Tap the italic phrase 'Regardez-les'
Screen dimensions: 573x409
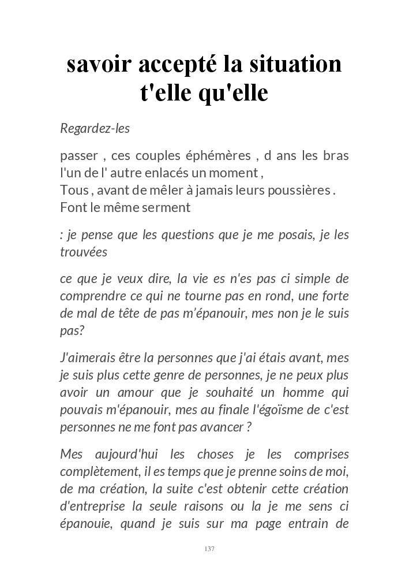click(x=95, y=128)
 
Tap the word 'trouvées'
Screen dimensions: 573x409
click(x=84, y=252)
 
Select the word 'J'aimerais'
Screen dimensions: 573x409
click(x=88, y=358)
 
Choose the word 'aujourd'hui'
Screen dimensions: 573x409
click(x=135, y=455)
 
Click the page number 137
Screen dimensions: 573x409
click(x=209, y=549)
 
